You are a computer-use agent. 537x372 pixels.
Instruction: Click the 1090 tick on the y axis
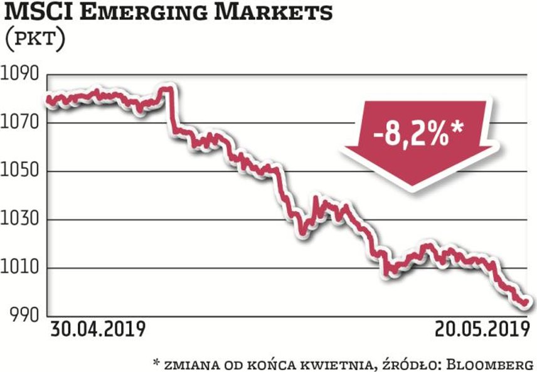[x=21, y=74]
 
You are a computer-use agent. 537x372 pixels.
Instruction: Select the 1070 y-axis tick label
[x=21, y=122]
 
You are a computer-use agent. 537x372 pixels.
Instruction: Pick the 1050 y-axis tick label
[x=21, y=171]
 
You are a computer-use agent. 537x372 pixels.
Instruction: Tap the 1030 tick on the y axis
[x=21, y=220]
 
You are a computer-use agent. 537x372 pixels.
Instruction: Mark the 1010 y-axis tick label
[x=21, y=268]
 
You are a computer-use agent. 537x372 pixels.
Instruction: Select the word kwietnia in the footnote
[x=325, y=363]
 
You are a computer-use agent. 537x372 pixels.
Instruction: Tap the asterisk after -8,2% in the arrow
[x=459, y=127]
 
